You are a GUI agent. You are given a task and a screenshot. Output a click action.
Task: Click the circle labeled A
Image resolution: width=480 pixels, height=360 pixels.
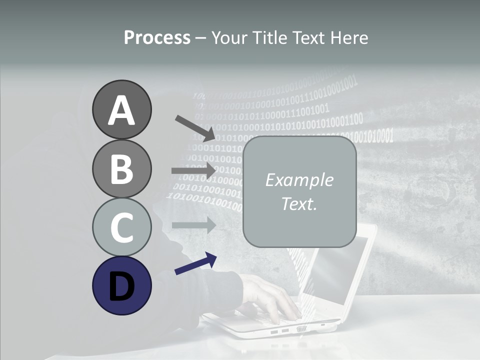[x=121, y=109]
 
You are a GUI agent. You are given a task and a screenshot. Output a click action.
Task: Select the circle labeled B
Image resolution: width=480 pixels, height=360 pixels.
[x=121, y=168]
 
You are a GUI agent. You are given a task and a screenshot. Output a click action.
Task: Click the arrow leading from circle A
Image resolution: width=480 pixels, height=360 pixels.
[x=195, y=128]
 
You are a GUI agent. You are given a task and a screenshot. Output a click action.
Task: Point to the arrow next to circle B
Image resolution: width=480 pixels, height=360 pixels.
[x=193, y=170]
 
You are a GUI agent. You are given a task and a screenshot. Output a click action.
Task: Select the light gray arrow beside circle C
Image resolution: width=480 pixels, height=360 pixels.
[x=193, y=225]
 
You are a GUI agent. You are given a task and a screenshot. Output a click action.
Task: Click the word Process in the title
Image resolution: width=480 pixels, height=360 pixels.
[x=157, y=38]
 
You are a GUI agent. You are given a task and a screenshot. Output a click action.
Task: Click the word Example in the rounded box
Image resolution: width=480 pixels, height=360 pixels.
[x=299, y=180]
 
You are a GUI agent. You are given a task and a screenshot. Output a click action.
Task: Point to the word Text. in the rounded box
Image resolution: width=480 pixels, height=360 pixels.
[x=299, y=203]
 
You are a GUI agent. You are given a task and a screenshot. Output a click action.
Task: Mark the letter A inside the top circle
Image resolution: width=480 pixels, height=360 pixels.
[x=121, y=110]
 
